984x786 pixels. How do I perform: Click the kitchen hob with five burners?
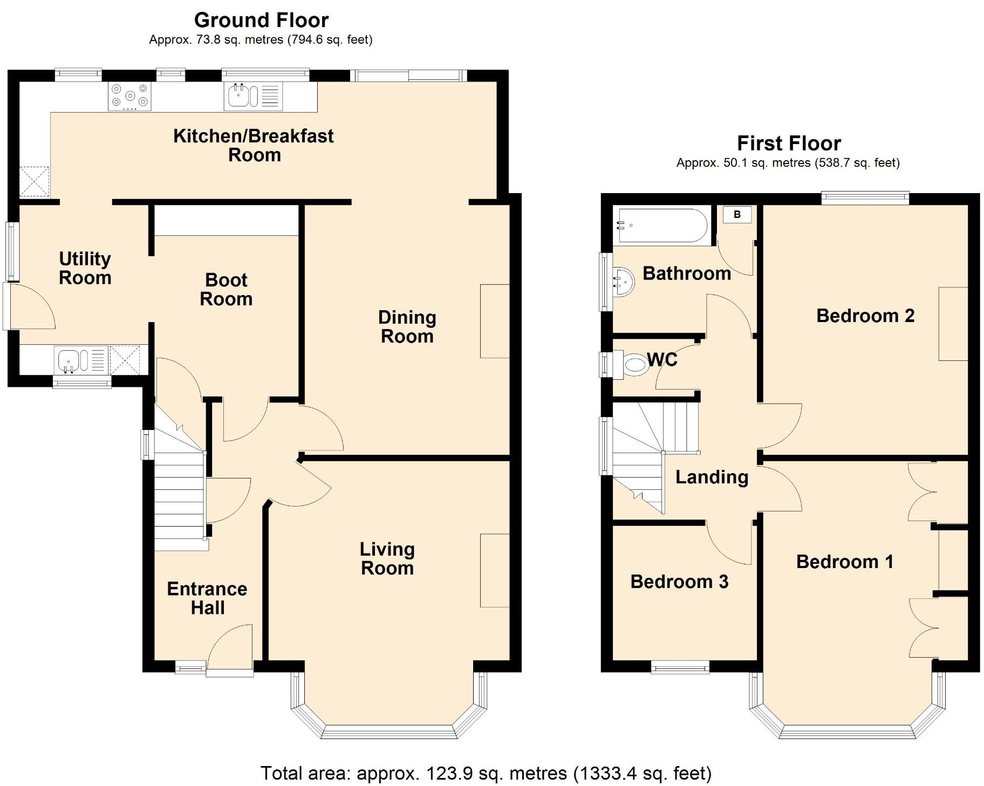tap(129, 96)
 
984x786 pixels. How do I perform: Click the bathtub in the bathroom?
tap(662, 225)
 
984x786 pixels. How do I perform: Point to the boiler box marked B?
tap(737, 214)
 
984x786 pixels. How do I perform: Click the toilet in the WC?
tap(631, 364)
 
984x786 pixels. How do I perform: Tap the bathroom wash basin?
tap(625, 281)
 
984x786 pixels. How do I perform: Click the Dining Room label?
tap(407, 326)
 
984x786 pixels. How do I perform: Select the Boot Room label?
tap(226, 289)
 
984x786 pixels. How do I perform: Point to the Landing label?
tap(712, 477)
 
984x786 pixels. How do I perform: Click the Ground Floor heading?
tap(261, 20)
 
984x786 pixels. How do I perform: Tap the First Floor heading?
tap(788, 143)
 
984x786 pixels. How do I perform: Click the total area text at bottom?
tap(486, 773)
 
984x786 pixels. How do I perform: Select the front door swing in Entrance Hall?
tap(231, 647)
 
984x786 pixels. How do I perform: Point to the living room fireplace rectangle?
tap(495, 570)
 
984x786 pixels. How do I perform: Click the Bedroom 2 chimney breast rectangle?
tap(953, 324)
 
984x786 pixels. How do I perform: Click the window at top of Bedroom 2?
tap(865, 198)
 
